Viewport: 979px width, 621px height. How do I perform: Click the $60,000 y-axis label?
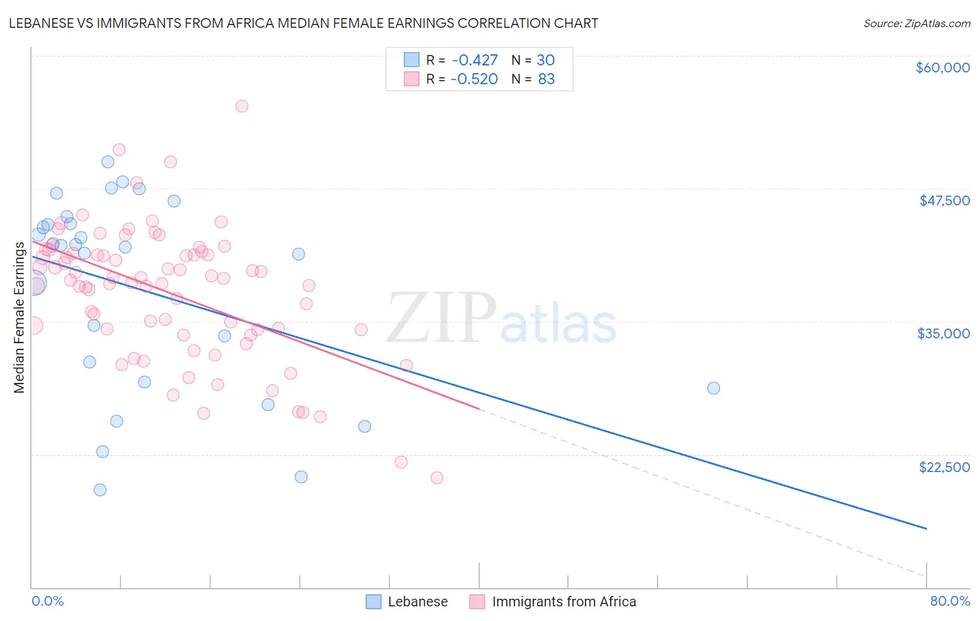(942, 68)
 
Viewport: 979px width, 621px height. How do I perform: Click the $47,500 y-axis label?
(944, 201)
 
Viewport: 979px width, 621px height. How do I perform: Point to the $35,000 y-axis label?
(943, 333)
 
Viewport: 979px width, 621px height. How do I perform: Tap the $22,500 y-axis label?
(944, 467)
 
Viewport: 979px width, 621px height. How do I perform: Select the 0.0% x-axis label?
(47, 601)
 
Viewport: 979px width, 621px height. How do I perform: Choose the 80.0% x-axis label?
(950, 601)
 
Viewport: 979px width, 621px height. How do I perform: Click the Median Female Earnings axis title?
(19, 317)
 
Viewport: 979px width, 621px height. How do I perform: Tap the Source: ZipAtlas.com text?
(916, 24)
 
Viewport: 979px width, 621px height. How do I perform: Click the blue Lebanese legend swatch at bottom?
(374, 602)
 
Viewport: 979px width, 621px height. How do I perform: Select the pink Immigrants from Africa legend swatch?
(477, 602)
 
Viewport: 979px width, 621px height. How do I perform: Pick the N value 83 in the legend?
(547, 79)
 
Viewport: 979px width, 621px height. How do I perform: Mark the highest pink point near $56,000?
(242, 106)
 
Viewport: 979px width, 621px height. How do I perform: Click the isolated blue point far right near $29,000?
(713, 388)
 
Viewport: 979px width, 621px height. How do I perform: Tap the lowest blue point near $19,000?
(100, 489)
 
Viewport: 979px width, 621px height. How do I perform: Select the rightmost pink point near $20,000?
(437, 478)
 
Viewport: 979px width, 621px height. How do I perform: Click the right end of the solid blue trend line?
(926, 528)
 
